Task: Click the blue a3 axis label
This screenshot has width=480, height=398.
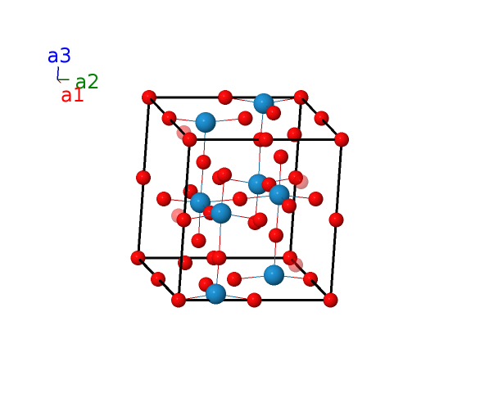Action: [x=59, y=56]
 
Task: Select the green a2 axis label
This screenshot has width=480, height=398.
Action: [x=87, y=82]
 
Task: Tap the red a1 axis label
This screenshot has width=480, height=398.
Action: [x=72, y=95]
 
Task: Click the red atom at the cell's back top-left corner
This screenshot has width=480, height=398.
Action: [x=149, y=97]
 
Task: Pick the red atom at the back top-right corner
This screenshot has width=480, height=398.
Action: [x=301, y=97]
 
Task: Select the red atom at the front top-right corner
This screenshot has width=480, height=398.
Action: [x=342, y=139]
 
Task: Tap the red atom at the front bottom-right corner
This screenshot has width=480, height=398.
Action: [x=331, y=300]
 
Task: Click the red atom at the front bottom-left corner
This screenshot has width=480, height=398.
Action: [x=179, y=300]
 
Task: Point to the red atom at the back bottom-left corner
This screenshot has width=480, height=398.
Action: [x=138, y=258]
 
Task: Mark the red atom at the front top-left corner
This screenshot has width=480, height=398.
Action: [x=189, y=139]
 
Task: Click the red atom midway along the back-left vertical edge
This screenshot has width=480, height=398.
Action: [x=143, y=178]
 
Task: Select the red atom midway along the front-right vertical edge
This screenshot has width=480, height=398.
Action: [x=336, y=219]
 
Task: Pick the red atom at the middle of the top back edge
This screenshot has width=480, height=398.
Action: [x=225, y=97]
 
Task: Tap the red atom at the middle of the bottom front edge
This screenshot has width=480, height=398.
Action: [x=254, y=300]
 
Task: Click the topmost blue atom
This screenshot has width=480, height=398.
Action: [x=263, y=103]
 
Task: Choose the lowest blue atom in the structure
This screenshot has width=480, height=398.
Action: [x=215, y=294]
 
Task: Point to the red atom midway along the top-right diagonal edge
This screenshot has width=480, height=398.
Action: [x=321, y=119]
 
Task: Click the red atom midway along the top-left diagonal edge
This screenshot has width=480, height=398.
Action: [x=169, y=119]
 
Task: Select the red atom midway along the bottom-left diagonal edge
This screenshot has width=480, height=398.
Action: [x=158, y=279]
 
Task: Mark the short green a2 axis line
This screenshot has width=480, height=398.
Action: [x=63, y=80]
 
